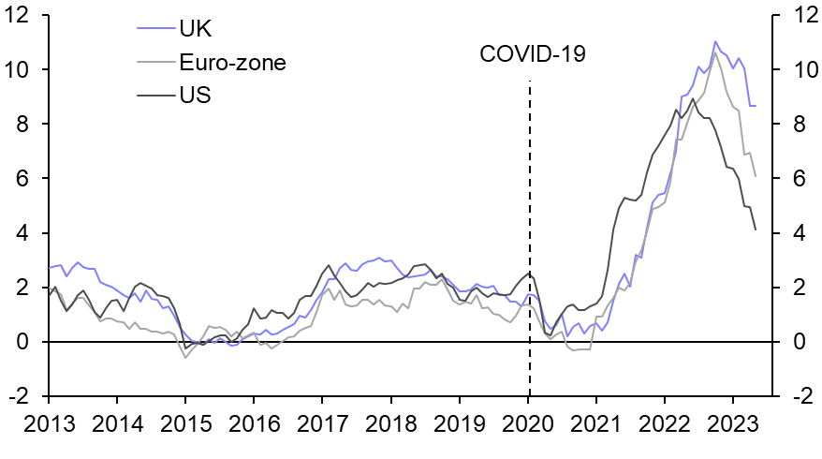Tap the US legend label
[x=196, y=96]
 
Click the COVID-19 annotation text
[x=532, y=54]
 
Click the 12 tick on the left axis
[x=22, y=16]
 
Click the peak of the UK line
[x=715, y=41]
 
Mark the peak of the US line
[x=692, y=98]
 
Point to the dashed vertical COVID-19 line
[x=530, y=234]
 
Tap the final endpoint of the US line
[x=756, y=229]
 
